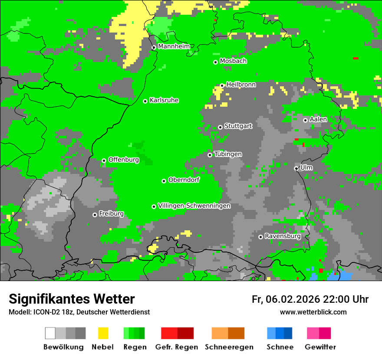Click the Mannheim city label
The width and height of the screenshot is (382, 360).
click(x=174, y=46)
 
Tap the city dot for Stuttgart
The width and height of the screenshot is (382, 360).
click(x=220, y=127)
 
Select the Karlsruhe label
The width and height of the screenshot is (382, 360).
click(x=164, y=100)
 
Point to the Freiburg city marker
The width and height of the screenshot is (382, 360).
click(x=95, y=215)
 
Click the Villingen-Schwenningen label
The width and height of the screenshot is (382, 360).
click(x=194, y=206)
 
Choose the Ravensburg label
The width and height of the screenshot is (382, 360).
click(x=283, y=236)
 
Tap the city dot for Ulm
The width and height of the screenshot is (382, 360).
click(x=296, y=168)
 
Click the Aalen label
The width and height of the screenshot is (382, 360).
click(x=318, y=119)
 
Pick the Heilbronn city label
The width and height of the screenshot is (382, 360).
click(x=241, y=85)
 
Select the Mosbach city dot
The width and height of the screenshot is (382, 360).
click(x=215, y=62)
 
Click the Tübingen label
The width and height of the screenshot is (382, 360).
click(x=228, y=154)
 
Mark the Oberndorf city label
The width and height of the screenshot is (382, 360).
click(x=184, y=180)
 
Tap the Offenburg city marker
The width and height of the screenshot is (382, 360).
click(x=104, y=160)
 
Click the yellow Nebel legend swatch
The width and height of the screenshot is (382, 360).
click(x=102, y=333)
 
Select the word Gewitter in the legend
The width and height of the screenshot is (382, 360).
click(x=320, y=347)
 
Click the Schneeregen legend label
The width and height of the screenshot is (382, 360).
click(x=229, y=347)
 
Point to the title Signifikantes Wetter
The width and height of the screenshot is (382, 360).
click(x=72, y=299)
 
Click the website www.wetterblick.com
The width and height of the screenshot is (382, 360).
click(x=313, y=312)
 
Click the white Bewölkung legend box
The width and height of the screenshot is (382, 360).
click(x=50, y=333)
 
